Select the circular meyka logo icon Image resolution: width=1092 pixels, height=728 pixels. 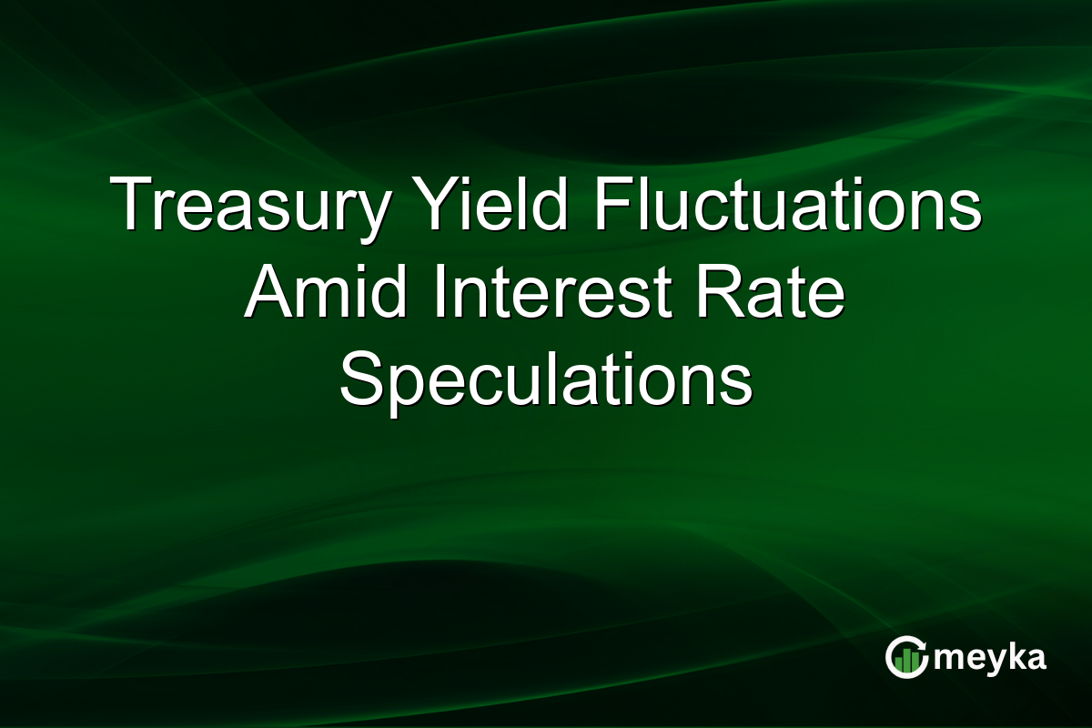pyautogui.click(x=907, y=657)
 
